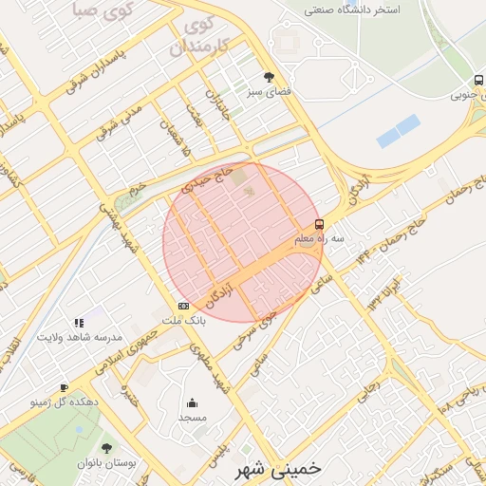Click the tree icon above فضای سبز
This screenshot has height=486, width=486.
tap(270, 77)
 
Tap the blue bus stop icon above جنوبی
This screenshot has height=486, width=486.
tap(477, 80)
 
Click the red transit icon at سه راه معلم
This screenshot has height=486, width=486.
tap(318, 225)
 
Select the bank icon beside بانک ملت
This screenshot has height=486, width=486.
tap(183, 306)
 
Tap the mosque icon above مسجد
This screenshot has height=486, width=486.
tap(193, 402)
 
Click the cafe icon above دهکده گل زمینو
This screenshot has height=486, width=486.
tap(64, 387)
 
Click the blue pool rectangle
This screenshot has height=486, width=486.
tap(398, 131)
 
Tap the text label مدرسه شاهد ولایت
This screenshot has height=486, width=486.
tap(81, 337)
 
